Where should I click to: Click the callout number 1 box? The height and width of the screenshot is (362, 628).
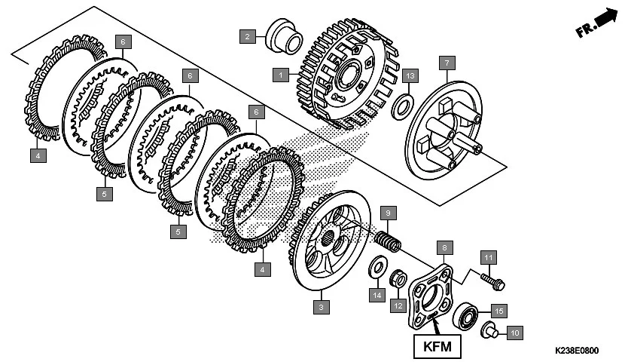280,75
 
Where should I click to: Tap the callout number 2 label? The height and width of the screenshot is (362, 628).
246,35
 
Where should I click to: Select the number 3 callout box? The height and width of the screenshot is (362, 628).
322,307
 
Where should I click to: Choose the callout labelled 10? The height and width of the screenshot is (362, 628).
515,332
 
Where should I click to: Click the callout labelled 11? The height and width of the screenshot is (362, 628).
487,259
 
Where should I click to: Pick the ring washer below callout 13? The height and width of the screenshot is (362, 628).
403,103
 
